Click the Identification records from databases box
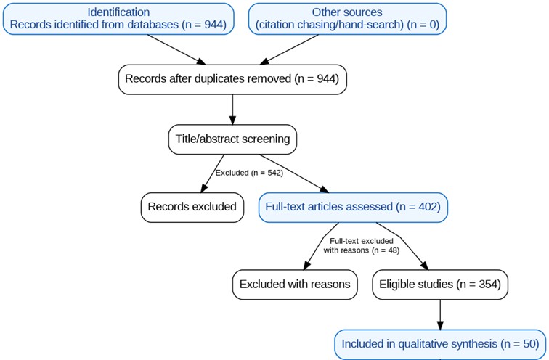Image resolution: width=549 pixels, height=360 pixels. [118, 18]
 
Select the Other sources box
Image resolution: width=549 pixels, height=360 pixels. [347, 18]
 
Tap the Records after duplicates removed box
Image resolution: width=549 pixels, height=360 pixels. [232, 78]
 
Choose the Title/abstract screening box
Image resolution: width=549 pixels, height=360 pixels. [232, 139]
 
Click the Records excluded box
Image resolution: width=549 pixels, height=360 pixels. [192, 207]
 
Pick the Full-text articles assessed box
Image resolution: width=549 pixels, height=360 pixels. [353, 207]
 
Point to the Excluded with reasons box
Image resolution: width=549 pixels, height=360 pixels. [295, 285]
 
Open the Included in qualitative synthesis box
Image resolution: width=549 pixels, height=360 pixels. [439, 343]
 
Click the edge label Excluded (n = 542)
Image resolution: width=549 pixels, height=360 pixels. [249, 173]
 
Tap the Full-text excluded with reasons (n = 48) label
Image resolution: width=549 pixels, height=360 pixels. [361, 245]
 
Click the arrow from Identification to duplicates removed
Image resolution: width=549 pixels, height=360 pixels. [174, 49]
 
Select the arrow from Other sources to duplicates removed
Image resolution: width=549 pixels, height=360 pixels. [290, 49]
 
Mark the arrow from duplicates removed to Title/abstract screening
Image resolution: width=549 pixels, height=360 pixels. [232, 109]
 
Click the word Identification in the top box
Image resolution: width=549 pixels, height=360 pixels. [118, 12]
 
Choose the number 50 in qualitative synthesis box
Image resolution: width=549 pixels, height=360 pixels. [528, 343]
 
